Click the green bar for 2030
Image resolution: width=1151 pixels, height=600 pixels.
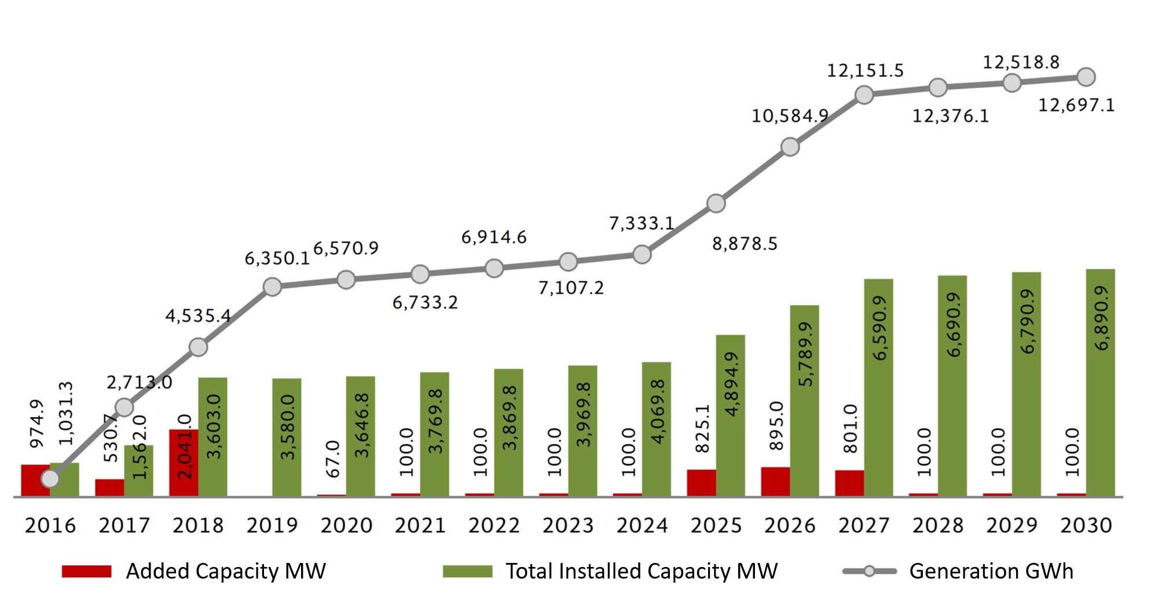point(1100,383)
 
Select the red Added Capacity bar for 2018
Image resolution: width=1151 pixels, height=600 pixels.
point(184,463)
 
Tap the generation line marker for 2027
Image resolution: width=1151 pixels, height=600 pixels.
point(864,94)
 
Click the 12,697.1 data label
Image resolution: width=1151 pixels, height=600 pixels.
point(1076,105)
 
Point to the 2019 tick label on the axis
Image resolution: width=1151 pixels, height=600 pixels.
point(272,525)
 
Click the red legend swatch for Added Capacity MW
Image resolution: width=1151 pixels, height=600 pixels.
point(86,572)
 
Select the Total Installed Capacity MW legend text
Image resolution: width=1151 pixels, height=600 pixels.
point(642,571)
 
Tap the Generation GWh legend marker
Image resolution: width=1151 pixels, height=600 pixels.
point(869,571)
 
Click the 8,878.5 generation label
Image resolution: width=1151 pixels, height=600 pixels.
point(744,244)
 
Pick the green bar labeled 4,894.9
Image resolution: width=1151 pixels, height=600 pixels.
point(730,415)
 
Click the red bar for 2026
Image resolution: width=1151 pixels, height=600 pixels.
point(775,482)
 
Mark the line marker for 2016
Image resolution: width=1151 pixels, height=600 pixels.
point(50,478)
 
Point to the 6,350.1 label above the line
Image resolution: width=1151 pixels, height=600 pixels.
point(277,258)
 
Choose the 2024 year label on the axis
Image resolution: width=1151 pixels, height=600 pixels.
point(642,525)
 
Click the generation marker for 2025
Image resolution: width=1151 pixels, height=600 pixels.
point(716,203)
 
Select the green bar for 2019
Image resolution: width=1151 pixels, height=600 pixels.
point(287,437)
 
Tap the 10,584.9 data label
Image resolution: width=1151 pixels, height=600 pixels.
point(789,116)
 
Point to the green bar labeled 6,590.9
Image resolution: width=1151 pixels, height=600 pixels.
point(878,387)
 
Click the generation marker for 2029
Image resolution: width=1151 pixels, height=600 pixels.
point(1011,83)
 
